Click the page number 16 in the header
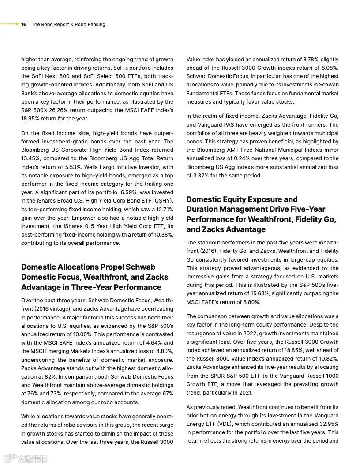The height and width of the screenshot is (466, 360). (24, 24)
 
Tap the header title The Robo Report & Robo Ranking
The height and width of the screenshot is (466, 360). (68, 24)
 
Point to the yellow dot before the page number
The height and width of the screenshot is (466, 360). (17, 24)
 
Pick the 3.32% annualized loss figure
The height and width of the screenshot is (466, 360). (201, 175)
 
